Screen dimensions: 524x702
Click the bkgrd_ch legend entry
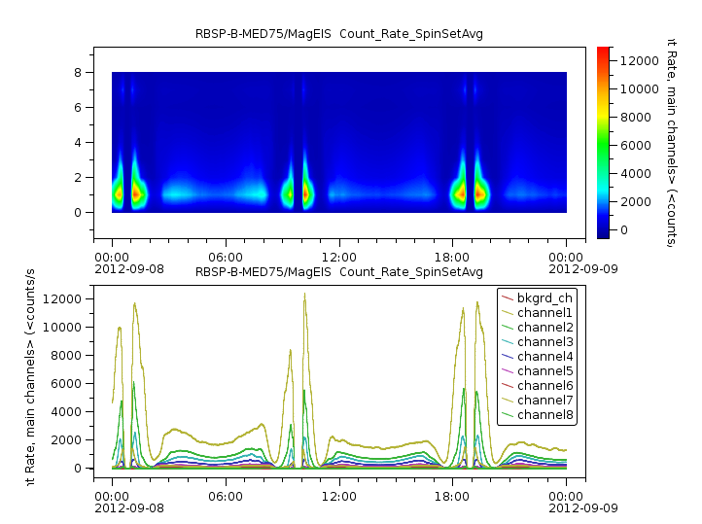(544, 297)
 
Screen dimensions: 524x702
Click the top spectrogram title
(339, 34)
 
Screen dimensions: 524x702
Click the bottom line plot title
(339, 271)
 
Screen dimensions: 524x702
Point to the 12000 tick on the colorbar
(638, 60)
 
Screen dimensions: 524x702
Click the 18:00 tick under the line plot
(453, 494)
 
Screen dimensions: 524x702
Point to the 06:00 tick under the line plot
(226, 494)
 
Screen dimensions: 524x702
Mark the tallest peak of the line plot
(304, 295)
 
